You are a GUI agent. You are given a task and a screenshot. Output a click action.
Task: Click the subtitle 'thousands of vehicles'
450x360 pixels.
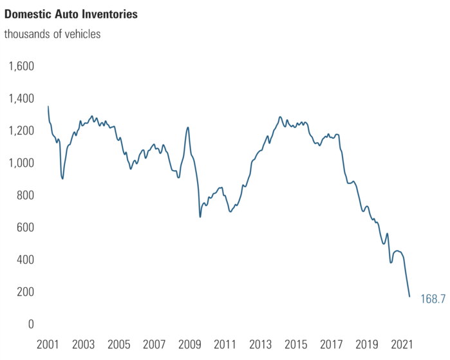click(x=52, y=34)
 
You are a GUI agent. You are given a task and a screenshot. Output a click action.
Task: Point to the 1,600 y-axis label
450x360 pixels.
click(x=21, y=66)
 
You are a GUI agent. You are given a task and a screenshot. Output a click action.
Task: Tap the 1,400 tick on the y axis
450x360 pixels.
click(x=21, y=99)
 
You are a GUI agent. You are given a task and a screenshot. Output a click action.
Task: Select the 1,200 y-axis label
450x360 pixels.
click(x=21, y=131)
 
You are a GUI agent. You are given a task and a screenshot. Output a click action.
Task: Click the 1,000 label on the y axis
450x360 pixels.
click(x=21, y=163)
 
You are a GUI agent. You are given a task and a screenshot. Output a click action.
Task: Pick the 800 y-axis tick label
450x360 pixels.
click(x=24, y=195)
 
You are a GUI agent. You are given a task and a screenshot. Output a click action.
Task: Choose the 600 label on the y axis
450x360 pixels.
click(x=24, y=227)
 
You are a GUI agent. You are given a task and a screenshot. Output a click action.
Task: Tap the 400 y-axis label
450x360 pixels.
click(x=24, y=260)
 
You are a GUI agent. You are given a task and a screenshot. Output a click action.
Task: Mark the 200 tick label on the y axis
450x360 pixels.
click(x=24, y=292)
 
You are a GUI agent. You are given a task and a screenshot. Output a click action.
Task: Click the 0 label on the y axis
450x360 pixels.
click(x=30, y=324)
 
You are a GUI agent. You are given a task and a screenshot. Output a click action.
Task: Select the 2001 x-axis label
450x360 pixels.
click(x=48, y=344)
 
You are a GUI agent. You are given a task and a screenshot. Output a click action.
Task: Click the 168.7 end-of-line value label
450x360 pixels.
click(x=433, y=299)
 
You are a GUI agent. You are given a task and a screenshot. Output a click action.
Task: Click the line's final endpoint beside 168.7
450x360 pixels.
click(x=409, y=297)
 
